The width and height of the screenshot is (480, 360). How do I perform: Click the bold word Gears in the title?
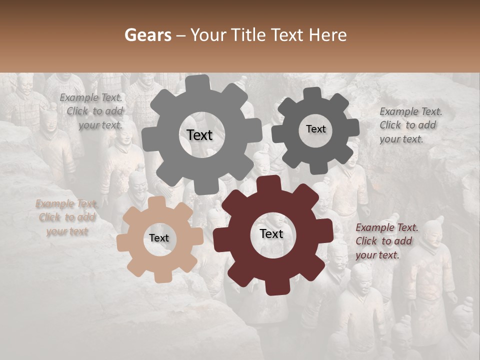147,35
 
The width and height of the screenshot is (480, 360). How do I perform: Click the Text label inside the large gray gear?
199,135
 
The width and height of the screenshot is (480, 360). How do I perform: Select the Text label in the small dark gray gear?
315,129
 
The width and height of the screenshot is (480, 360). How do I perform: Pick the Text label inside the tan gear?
159,238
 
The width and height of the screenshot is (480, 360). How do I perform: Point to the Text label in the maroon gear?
271,233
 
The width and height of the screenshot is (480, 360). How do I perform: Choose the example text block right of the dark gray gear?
410,125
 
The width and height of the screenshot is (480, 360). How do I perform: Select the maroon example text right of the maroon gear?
385,241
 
